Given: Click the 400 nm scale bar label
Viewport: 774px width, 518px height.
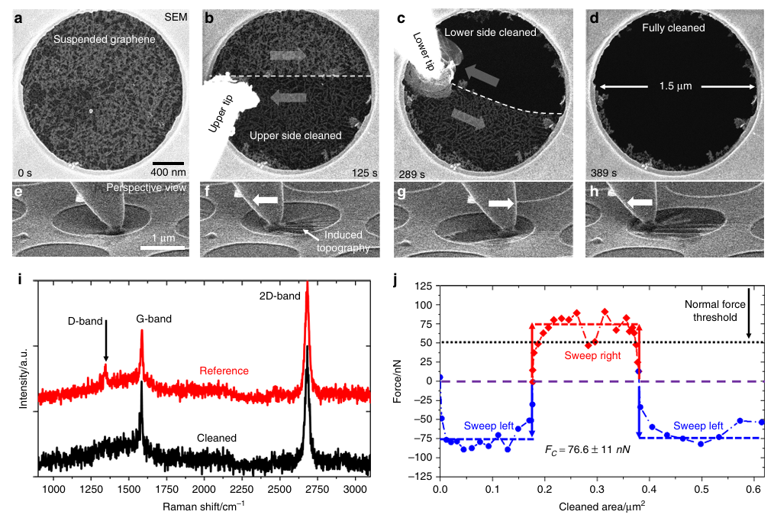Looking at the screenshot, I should coord(169,172).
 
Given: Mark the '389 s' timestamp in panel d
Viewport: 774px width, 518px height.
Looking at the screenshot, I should coord(605,174).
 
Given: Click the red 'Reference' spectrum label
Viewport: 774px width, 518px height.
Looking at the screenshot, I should coord(224,371).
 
